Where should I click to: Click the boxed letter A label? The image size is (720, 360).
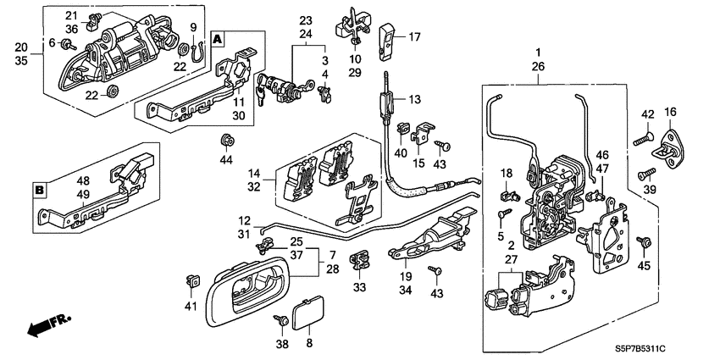[218, 39]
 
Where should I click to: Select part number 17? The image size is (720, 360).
[414, 37]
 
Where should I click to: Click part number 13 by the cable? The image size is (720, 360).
[414, 99]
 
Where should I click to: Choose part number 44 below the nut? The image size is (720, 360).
[225, 159]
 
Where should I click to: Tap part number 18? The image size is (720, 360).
[506, 173]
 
